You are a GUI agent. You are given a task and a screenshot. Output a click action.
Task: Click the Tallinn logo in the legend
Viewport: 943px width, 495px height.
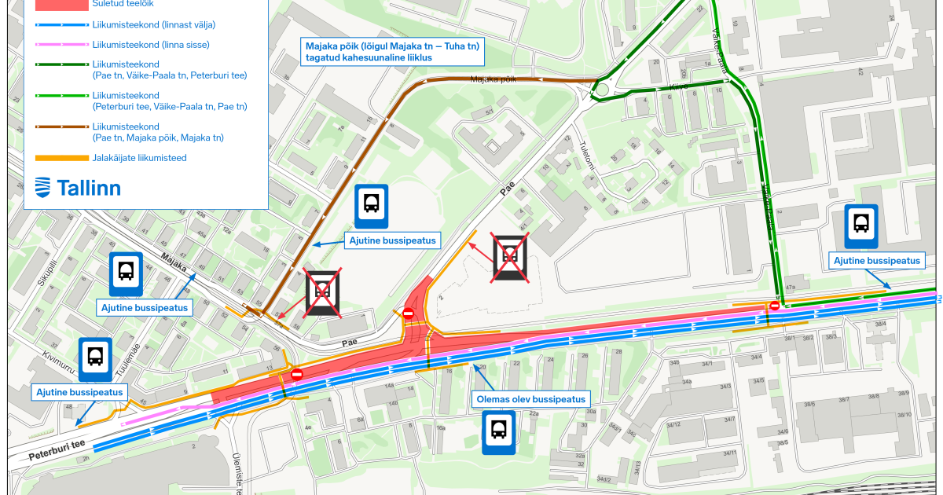tap(78, 188)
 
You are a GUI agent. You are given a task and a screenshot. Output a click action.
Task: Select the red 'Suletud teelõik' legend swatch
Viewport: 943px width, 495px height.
tap(61, 4)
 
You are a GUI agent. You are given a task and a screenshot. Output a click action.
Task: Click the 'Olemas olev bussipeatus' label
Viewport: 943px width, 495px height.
tap(531, 399)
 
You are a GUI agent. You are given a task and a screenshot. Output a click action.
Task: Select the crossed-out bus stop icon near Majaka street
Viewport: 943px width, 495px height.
tap(322, 291)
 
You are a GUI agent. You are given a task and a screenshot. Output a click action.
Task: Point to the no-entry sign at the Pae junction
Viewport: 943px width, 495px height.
tap(408, 314)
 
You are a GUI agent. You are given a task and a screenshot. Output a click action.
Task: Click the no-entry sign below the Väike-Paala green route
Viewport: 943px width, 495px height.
tap(775, 306)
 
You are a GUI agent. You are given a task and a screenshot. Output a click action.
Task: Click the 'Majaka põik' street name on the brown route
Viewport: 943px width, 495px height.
tap(493, 79)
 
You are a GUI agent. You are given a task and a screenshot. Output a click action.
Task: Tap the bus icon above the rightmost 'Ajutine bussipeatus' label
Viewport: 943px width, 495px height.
tap(861, 225)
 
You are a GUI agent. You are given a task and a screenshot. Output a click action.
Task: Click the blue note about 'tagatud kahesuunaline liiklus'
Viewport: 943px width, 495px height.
tap(393, 52)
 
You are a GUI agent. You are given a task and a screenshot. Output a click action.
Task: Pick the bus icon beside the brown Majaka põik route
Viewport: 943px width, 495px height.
tap(371, 206)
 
